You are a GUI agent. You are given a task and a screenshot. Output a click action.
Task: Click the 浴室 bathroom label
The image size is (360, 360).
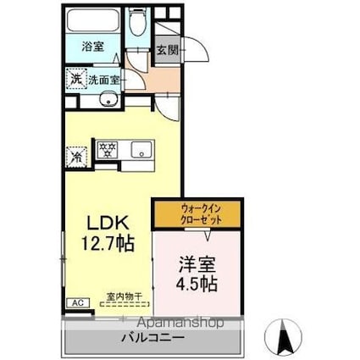click(x=93, y=47)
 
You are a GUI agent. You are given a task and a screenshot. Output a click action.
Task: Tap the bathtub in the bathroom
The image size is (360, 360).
click(x=93, y=21)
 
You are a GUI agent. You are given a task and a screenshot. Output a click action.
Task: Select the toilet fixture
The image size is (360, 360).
click(x=137, y=22)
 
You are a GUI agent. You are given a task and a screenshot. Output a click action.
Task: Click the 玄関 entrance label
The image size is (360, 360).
click(x=168, y=50)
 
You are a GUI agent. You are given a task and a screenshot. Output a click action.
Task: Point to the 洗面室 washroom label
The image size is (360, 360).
click(x=104, y=80)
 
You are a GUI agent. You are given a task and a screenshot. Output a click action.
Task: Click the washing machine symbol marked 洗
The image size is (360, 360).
click(x=76, y=78)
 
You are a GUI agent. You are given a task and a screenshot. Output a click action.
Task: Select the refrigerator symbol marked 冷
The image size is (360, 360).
click(x=76, y=156)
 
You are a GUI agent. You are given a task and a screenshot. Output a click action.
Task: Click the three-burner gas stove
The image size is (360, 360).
click(x=108, y=150)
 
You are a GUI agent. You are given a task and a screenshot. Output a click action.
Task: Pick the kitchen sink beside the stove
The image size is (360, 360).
click(x=141, y=150)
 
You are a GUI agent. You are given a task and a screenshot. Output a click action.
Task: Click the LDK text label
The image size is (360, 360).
click(x=108, y=222)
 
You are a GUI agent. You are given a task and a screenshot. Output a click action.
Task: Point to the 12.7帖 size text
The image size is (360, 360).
click(x=108, y=243)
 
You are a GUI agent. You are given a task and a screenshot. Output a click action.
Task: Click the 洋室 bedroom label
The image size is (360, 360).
click(x=197, y=264)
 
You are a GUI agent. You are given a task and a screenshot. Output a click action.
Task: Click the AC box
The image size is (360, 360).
click(x=78, y=303)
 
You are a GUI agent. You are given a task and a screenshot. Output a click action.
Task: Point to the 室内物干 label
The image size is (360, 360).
click(x=125, y=296)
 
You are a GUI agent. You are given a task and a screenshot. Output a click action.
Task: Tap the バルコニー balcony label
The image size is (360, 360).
click(x=153, y=337)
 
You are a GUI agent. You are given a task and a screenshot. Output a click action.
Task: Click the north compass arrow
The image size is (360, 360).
click(x=283, y=334)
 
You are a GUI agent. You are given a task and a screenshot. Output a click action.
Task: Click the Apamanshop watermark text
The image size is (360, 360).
click(x=181, y=322)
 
